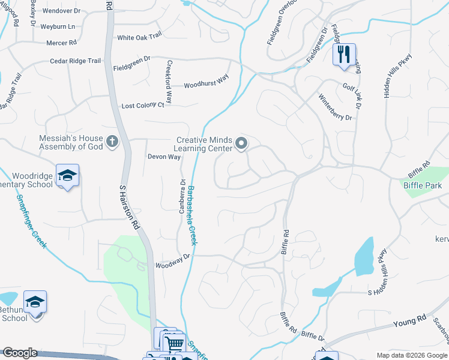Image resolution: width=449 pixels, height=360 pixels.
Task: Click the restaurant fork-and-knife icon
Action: click(344, 54)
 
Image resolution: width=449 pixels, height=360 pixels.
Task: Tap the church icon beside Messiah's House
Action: click(112, 142)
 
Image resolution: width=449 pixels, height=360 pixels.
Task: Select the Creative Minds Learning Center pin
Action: click(241, 143)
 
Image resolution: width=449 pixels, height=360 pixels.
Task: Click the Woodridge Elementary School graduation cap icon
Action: click(67, 175)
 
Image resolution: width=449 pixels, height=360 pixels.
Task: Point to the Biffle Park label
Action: click(423, 186)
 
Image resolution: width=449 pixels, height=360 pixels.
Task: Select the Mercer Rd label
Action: click(62, 43)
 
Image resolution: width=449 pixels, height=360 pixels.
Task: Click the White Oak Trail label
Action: click(139, 37)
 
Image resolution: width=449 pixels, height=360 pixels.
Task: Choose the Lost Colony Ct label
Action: click(143, 105)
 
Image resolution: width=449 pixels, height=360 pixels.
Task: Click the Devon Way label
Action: click(164, 157)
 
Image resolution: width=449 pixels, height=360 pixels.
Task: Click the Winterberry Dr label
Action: click(335, 107)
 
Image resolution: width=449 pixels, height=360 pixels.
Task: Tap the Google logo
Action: click(20, 353)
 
